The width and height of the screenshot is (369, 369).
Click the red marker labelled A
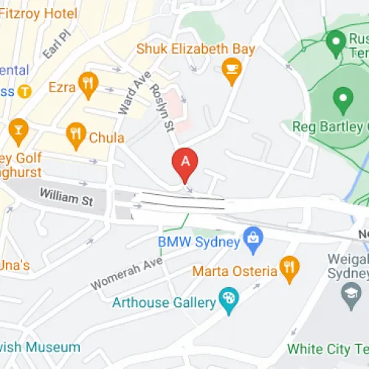click(x=185, y=162)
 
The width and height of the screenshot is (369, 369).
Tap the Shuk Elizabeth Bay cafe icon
click(x=232, y=70)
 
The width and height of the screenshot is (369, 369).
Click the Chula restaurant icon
click(x=75, y=134)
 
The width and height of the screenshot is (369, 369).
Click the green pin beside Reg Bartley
click(x=342, y=98)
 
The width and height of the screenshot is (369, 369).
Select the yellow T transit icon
click(x=25, y=92)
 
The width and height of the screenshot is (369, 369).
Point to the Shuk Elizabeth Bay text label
click(x=196, y=49)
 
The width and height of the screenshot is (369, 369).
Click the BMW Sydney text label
click(x=199, y=241)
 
